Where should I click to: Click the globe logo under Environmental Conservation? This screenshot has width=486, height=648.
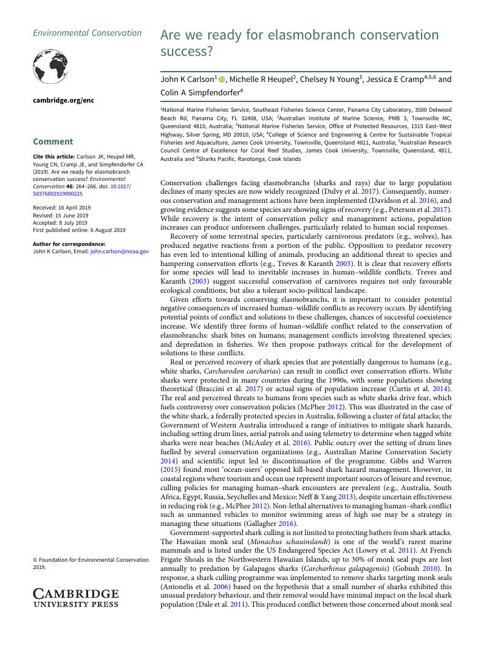click(x=50, y=66)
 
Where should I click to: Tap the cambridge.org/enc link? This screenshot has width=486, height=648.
click(x=63, y=100)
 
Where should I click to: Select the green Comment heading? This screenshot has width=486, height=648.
click(x=53, y=142)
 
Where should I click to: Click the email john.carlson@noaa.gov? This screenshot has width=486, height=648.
click(x=120, y=251)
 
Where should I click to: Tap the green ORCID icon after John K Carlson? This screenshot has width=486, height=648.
click(x=222, y=80)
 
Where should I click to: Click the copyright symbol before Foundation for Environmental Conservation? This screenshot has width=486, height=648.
click(x=35, y=560)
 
